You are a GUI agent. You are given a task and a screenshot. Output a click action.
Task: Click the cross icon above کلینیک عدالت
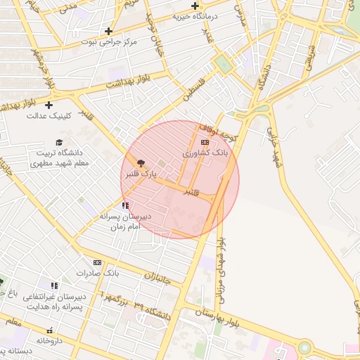tap(49, 105)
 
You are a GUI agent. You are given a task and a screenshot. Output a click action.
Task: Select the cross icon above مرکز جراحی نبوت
tap(108, 31)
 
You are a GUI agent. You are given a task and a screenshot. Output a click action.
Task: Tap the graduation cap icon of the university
tap(58, 142)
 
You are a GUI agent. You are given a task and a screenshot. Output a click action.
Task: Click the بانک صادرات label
tap(98, 273)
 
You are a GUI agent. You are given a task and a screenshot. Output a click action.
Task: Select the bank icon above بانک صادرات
tap(97, 262)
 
